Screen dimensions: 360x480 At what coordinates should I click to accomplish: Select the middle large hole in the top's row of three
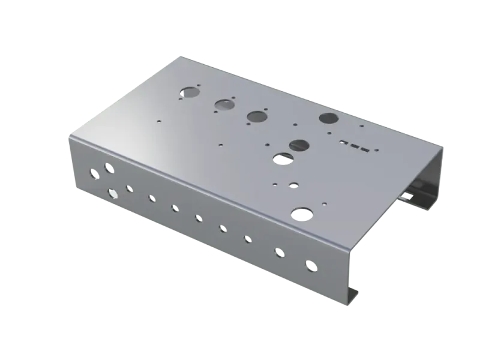(224, 105)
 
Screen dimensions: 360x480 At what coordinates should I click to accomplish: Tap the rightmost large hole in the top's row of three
(257, 115)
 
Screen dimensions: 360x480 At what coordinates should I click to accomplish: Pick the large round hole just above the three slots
(329, 118)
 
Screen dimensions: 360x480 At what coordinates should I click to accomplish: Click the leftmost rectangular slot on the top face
(343, 143)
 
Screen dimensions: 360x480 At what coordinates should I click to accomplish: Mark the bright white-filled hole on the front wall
(112, 193)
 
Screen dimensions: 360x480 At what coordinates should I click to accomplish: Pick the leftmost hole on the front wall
(92, 175)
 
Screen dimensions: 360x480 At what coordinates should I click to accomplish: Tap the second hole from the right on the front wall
(279, 253)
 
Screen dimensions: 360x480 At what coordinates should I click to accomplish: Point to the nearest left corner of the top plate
(70, 137)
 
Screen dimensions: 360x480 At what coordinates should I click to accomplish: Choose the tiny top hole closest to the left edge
(158, 120)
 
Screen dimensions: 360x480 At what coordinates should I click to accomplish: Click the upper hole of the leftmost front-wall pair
(107, 169)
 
